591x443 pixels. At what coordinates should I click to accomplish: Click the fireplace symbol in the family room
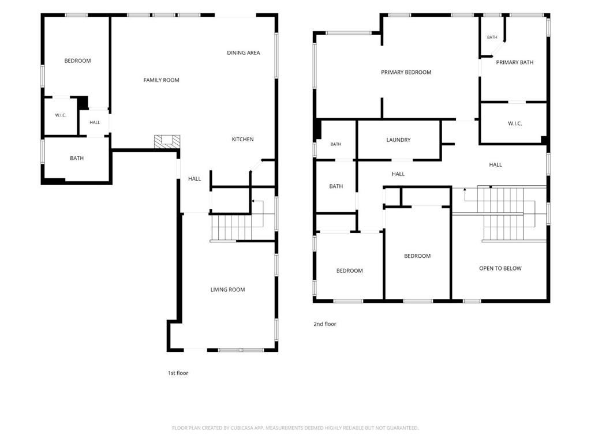167,141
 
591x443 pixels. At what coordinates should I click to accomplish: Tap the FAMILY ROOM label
162,80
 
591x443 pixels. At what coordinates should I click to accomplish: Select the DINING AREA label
244,52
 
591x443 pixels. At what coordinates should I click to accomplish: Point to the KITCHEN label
242,140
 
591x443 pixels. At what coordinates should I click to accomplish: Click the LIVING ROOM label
227,290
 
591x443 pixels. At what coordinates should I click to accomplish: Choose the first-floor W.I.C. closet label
61,115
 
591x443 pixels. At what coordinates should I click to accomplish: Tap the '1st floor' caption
178,373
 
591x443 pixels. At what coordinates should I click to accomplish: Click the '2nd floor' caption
325,324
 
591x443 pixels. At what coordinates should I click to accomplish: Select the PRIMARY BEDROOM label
406,72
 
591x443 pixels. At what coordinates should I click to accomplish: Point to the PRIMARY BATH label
514,62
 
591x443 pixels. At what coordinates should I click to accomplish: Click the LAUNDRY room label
398,140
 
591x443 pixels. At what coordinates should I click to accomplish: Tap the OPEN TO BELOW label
500,269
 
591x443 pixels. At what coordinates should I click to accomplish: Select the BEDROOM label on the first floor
77,61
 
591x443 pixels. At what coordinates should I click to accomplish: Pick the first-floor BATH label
77,158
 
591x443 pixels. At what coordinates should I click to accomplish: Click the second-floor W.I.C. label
514,123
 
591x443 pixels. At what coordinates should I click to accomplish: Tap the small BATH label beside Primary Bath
492,37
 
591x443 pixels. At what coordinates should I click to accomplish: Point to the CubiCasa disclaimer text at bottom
295,428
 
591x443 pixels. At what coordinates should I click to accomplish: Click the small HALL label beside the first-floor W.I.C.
95,122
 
